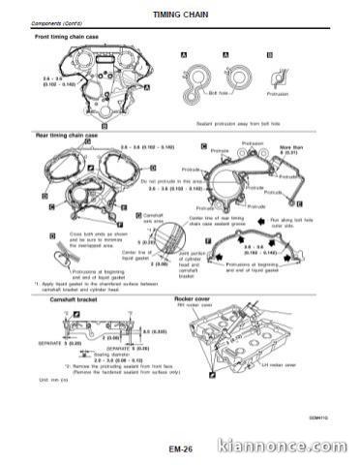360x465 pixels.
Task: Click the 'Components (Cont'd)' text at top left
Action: tap(56, 24)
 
